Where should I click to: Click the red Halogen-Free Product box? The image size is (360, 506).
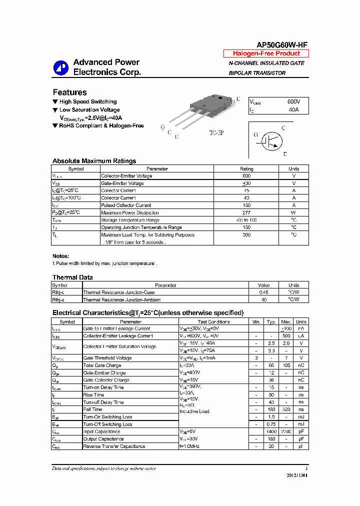click(x=266, y=53)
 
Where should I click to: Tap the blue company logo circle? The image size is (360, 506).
click(x=61, y=68)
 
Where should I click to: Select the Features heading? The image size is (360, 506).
click(x=69, y=92)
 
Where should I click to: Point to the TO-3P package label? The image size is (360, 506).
click(x=216, y=134)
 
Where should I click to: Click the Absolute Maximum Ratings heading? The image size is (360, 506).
click(x=94, y=161)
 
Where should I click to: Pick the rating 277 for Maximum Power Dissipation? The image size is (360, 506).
click(x=246, y=212)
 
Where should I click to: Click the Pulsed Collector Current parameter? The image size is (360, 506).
click(x=126, y=205)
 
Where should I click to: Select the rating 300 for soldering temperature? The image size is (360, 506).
click(x=246, y=234)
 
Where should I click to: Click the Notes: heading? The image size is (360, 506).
click(x=60, y=256)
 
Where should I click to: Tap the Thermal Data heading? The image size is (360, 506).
click(x=72, y=277)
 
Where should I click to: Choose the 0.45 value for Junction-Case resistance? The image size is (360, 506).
click(x=263, y=292)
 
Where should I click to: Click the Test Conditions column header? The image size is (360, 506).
click(x=213, y=322)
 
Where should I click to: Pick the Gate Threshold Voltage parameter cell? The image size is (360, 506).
click(x=107, y=358)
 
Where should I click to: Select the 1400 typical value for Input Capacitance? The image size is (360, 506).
click(x=271, y=431)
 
